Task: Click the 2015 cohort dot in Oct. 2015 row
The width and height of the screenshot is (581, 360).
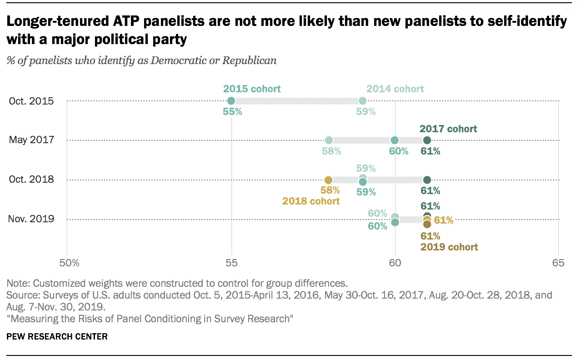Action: click(x=231, y=100)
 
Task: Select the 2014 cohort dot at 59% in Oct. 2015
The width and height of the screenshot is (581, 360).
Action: click(x=362, y=100)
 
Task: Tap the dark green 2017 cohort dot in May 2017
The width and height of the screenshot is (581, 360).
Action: click(x=427, y=140)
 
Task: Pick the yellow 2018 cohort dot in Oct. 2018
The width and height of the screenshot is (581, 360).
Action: click(x=329, y=180)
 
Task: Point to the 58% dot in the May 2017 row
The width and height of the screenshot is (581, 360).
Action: click(x=329, y=140)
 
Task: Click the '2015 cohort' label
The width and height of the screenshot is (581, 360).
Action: click(x=252, y=89)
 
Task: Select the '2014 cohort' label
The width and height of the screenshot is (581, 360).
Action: click(x=395, y=89)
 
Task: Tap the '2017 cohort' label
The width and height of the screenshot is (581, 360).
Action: click(x=448, y=129)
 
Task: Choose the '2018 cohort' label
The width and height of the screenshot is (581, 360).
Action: click(x=311, y=200)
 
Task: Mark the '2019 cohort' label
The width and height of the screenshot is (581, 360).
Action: click(x=449, y=247)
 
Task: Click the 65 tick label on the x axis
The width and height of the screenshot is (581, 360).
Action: click(x=558, y=263)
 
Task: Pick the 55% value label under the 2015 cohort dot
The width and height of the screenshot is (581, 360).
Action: click(x=232, y=112)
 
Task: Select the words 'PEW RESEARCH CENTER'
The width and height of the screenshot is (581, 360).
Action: click(x=57, y=337)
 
